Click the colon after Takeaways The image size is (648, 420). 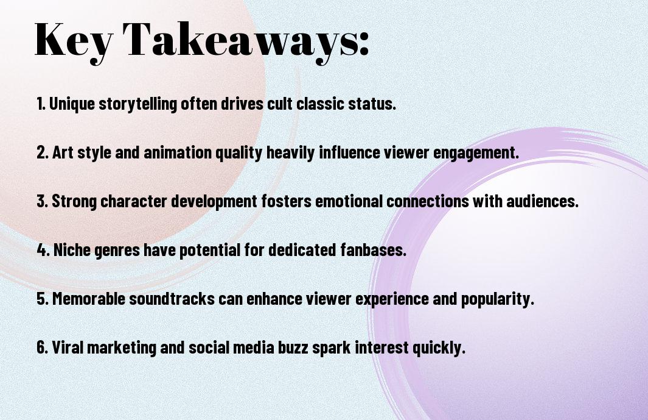[x=363, y=44]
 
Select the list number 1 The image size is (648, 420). [x=41, y=104]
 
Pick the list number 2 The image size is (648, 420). [x=43, y=152]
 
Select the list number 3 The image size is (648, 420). [x=43, y=201]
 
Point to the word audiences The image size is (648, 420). [x=542, y=201]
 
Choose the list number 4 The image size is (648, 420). [x=43, y=250]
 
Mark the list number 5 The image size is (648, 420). [x=43, y=299]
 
